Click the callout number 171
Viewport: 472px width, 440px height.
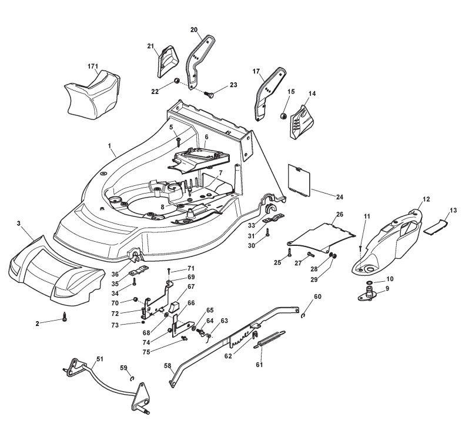92,65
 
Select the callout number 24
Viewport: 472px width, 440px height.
323,196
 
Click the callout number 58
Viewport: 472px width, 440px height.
168,366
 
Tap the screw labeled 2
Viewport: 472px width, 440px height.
66,318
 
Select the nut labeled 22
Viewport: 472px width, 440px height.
176,81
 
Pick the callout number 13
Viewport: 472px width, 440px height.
453,210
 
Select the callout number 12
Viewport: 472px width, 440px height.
426,199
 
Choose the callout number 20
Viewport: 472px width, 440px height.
194,29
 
